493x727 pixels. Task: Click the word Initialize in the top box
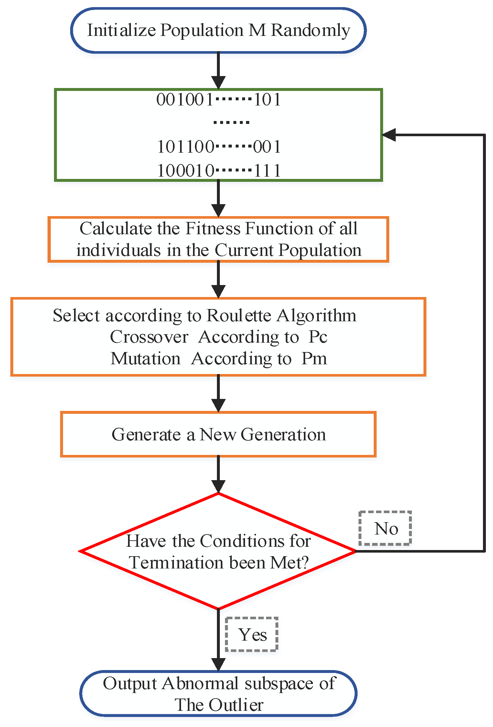coord(121,30)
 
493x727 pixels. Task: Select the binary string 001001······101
coord(219,99)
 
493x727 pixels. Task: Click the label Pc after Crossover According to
coord(318,337)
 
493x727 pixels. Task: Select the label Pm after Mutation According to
coord(314,358)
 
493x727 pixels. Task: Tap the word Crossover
coord(149,337)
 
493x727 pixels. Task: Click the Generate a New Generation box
coord(218,434)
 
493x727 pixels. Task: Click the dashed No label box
coord(385,528)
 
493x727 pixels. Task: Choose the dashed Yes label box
coord(252,634)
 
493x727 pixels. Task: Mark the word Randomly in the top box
coord(310,30)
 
